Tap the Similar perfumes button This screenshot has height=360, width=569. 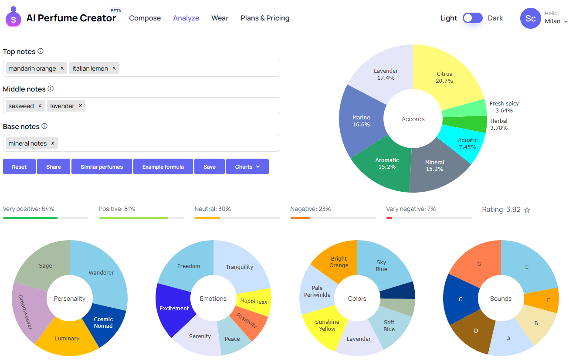(x=102, y=167)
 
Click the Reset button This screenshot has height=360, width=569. (x=19, y=167)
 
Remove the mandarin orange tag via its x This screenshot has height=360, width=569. (x=62, y=68)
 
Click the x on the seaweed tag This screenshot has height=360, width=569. (x=40, y=106)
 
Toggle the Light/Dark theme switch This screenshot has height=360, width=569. (x=472, y=18)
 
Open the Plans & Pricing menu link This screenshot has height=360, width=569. (x=265, y=18)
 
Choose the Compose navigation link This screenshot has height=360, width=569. (x=145, y=18)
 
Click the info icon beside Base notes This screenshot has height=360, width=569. (x=44, y=126)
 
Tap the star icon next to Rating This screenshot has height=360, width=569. (x=527, y=210)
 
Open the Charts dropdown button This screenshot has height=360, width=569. (x=247, y=167)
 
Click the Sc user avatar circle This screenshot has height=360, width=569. (x=530, y=18)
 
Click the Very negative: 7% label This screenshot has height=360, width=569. (x=411, y=209)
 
